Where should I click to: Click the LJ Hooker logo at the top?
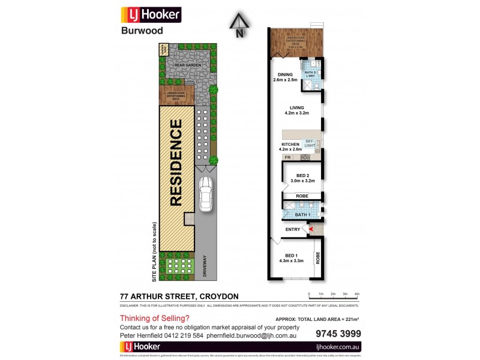click(151, 15)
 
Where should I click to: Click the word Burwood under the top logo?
click(142, 31)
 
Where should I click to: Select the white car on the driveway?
click(206, 194)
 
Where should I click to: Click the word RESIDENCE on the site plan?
click(176, 163)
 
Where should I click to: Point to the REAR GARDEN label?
click(183, 65)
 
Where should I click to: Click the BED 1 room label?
click(292, 257)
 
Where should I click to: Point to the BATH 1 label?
click(302, 214)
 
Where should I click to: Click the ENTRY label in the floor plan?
click(293, 229)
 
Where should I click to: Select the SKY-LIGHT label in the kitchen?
click(310, 143)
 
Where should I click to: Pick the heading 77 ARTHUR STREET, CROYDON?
click(179, 296)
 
